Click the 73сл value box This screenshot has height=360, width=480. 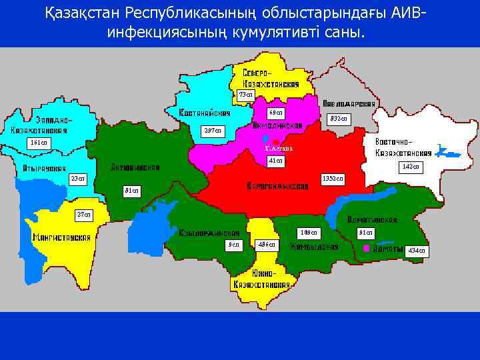[x=246, y=95]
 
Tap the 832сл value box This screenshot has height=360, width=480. [x=338, y=118]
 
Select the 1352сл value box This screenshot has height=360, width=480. [x=333, y=179]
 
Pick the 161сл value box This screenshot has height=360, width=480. [x=38, y=143]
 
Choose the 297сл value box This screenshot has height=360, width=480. [x=214, y=129]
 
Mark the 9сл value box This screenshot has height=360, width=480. [x=233, y=245]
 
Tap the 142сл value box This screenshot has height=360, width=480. [x=411, y=167]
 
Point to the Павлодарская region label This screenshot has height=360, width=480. [x=349, y=104]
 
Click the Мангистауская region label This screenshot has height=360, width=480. [x=58, y=237]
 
